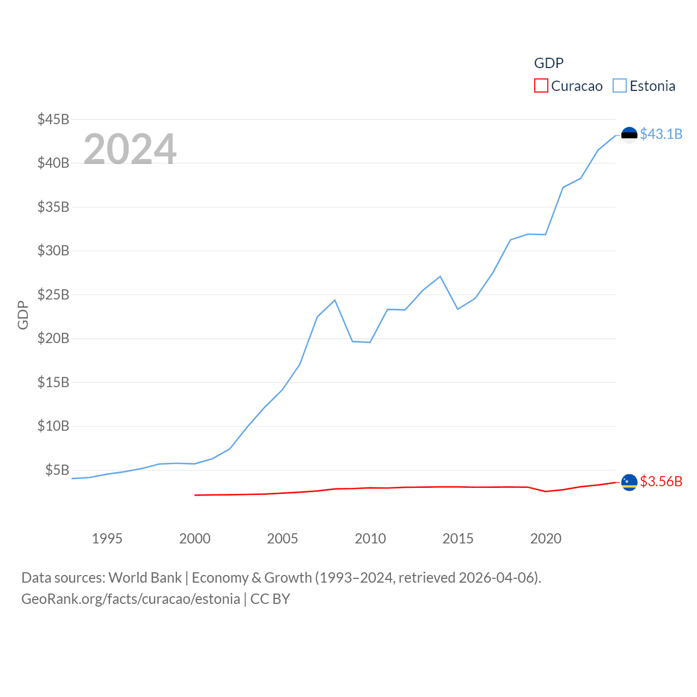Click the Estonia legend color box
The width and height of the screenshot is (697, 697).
coord(620,85)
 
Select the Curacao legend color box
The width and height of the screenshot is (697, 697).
coord(541,85)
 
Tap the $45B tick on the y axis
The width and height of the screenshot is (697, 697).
coord(53,119)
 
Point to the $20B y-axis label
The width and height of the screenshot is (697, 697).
coord(53,338)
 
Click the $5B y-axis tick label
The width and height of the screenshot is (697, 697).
coord(57,470)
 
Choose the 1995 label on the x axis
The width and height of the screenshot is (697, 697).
coord(107,539)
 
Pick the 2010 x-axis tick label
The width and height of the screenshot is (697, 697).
coord(370,539)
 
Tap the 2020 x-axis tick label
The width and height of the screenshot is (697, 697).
coord(546,539)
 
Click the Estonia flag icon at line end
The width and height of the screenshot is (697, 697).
coord(629,135)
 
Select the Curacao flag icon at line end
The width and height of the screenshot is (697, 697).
coord(629,482)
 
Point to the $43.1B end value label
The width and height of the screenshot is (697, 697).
coord(661,134)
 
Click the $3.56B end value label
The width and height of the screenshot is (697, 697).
coord(661,481)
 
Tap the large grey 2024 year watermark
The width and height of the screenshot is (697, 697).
coord(130,149)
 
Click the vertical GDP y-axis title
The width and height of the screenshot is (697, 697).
coord(23,315)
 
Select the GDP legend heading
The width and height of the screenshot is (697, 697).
coord(548,63)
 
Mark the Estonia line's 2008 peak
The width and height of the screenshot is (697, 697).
coord(335,300)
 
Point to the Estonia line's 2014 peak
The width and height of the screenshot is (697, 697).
coord(440,277)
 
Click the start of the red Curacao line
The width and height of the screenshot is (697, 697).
coord(195,495)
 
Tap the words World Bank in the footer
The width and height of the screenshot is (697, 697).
coord(145,577)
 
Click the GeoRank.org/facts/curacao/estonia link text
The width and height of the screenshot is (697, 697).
coord(131,599)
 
